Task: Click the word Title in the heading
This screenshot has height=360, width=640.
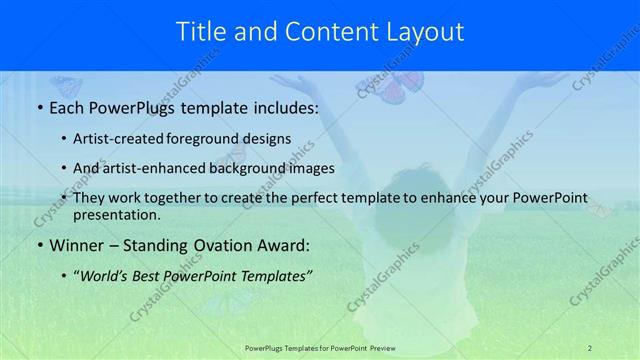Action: point(201,32)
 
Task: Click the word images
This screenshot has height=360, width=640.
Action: point(308,168)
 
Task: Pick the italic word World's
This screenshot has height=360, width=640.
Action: point(104,275)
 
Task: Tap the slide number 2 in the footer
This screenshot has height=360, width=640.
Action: point(590,347)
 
